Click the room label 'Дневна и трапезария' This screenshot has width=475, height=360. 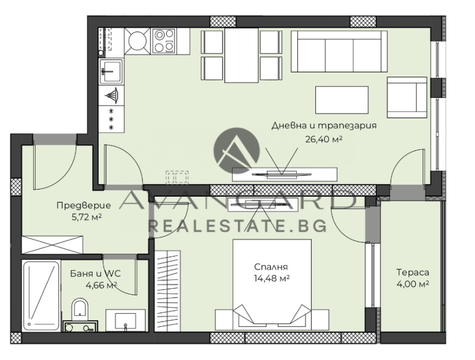(x=324, y=125)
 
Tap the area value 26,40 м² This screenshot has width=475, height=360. (x=324, y=140)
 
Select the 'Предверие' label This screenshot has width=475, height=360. (x=84, y=206)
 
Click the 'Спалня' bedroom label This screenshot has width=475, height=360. (x=271, y=267)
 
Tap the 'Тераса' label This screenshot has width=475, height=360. (x=413, y=273)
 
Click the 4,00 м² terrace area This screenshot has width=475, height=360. (x=413, y=284)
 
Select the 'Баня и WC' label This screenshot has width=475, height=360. (x=96, y=274)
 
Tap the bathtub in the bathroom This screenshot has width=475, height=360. (x=41, y=296)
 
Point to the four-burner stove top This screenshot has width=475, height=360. (x=164, y=41)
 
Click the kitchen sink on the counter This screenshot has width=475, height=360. (x=111, y=71)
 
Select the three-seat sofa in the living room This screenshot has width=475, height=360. (x=339, y=51)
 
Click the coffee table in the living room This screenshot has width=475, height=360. (x=342, y=100)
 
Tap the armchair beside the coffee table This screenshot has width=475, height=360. (x=407, y=97)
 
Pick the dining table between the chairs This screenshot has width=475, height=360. (x=242, y=55)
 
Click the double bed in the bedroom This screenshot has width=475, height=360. (x=272, y=285)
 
